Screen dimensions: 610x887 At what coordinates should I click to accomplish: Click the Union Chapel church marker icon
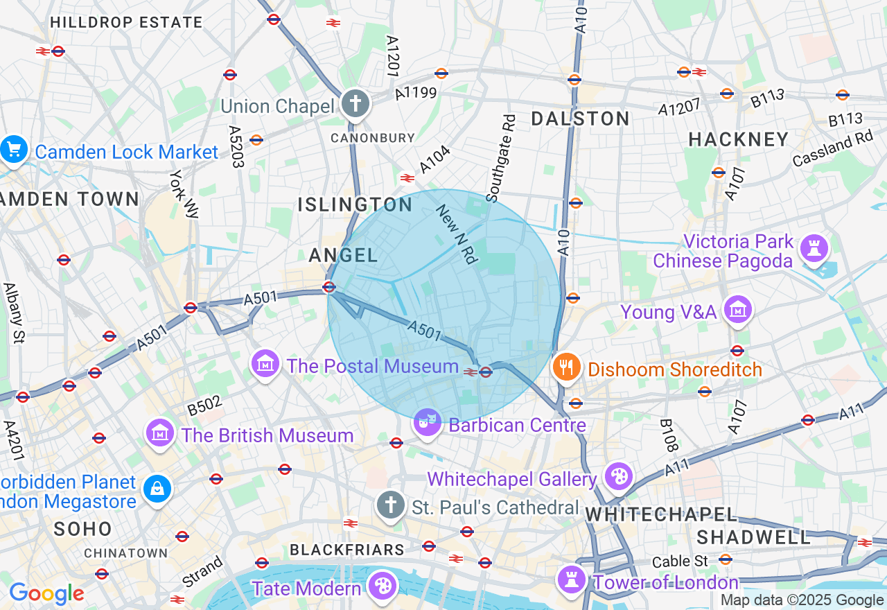[x=355, y=105]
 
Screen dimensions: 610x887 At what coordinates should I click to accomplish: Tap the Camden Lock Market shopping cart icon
[x=13, y=149]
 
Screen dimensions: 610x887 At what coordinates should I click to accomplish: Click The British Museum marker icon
[x=160, y=433]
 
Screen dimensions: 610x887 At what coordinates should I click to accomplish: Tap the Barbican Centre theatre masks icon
[x=428, y=421]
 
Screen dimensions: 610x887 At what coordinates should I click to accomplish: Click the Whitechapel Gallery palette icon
[x=617, y=476]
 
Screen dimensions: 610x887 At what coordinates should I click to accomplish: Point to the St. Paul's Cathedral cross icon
[x=391, y=505]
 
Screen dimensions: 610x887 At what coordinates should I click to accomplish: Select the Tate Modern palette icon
[x=382, y=586]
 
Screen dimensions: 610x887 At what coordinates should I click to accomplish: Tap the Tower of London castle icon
[x=572, y=579]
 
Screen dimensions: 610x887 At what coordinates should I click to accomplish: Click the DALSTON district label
[x=580, y=119]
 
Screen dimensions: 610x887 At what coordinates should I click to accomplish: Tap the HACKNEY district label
[x=739, y=139]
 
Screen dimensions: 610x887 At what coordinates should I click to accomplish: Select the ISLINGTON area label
[x=355, y=204]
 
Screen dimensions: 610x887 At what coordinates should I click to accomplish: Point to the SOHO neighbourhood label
[x=83, y=529]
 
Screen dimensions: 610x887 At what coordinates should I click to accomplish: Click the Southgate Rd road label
[x=501, y=159]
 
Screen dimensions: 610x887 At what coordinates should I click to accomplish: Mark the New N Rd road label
[x=457, y=234]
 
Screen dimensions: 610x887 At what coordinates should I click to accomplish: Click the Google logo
[x=46, y=593]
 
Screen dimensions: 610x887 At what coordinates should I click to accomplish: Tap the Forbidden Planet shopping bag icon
[x=157, y=489]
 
